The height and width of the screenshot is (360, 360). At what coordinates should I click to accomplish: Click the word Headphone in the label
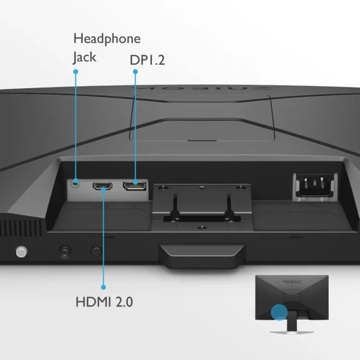point(107,39)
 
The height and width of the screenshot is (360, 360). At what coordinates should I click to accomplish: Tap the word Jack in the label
point(85,58)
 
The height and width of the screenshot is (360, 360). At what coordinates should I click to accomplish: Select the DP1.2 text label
point(148,60)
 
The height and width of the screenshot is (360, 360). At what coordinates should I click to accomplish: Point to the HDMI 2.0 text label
point(104,302)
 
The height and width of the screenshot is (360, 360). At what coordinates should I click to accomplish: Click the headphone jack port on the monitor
point(76,183)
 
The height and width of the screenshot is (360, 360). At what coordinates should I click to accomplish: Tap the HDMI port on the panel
point(103,186)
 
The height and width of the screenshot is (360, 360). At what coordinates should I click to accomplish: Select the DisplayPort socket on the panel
point(134,186)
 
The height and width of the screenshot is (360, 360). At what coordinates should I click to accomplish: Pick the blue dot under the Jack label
point(76,71)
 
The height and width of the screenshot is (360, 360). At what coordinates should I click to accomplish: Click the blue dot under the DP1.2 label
point(136,71)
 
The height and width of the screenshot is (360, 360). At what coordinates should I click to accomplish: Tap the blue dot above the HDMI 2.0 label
point(103,287)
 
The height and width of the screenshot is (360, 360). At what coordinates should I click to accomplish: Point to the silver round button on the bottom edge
point(22,251)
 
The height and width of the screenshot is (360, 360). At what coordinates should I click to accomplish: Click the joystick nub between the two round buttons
point(65,251)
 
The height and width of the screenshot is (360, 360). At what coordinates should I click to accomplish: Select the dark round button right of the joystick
point(96,251)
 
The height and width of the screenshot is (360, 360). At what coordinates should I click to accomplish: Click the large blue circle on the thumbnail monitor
point(279,312)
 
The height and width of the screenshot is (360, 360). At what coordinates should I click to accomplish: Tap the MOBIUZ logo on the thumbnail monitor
point(292,281)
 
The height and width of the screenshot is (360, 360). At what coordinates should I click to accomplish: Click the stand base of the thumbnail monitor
point(292,332)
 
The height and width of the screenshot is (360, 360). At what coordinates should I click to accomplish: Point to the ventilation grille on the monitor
point(21,228)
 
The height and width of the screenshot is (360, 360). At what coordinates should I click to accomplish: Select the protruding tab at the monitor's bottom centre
point(202,256)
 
